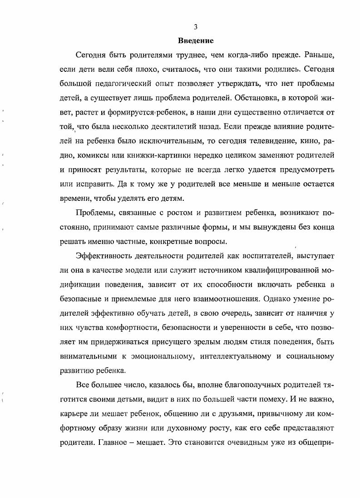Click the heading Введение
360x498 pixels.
click(x=196, y=41)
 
